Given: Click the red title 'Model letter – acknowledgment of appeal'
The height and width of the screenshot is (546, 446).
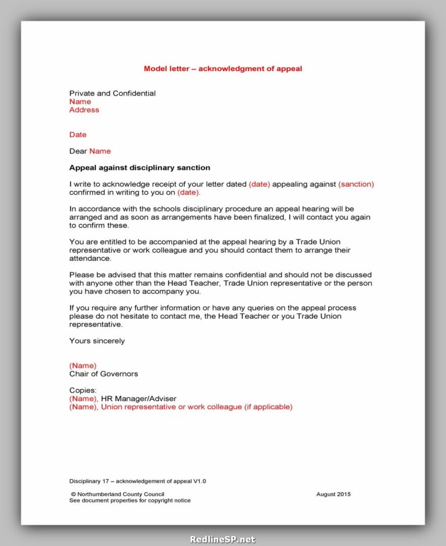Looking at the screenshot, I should click(x=222, y=68).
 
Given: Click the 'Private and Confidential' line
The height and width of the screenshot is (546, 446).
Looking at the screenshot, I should click(x=112, y=93).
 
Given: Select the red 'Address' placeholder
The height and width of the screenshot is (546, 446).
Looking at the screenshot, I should click(x=84, y=110).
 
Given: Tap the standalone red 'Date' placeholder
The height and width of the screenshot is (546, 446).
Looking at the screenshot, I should click(x=78, y=134).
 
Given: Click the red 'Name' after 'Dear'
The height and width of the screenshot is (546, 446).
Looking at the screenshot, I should click(x=100, y=151).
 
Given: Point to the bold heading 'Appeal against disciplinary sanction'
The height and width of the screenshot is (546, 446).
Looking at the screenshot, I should click(x=139, y=168).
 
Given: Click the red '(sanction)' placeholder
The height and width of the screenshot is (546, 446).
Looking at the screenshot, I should click(x=356, y=184).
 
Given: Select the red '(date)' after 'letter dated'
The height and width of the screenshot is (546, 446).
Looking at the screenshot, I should click(x=259, y=184).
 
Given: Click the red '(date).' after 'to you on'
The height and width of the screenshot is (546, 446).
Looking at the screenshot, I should click(x=189, y=192).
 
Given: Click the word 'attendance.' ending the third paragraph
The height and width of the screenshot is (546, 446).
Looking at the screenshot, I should click(x=90, y=259).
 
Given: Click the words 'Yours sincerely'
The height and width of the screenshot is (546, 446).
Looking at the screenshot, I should click(x=97, y=341).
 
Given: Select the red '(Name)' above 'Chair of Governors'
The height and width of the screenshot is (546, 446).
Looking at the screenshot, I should click(x=83, y=366).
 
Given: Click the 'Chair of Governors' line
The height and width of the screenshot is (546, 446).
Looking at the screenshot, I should click(x=103, y=374).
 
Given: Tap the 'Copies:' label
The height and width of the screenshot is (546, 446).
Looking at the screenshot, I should click(x=83, y=391).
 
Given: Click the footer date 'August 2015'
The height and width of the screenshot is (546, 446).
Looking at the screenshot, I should click(x=333, y=494).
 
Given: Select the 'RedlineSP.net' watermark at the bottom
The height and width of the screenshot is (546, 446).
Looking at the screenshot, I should click(x=222, y=539).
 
